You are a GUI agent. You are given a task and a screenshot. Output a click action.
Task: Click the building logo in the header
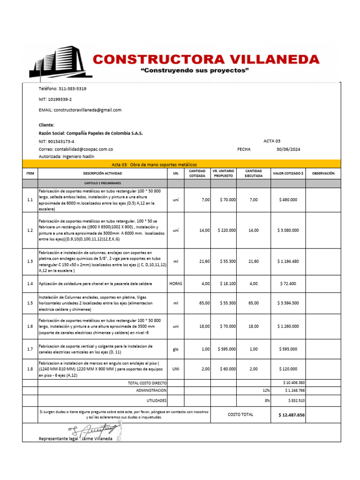pyautogui.click(x=59, y=61)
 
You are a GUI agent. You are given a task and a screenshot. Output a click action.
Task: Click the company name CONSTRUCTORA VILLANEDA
pyautogui.click(x=206, y=59)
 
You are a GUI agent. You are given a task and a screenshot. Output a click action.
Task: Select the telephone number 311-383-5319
pyautogui.click(x=72, y=89)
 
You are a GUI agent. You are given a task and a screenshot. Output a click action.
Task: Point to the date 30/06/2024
pyautogui.click(x=288, y=149)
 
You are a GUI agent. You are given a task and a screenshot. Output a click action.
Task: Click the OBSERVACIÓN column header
pyautogui.click(x=323, y=173)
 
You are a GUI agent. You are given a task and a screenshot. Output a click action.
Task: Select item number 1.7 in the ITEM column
pyautogui.click(x=30, y=349)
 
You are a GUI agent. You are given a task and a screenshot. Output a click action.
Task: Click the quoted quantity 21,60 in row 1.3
pyautogui.click(x=204, y=261)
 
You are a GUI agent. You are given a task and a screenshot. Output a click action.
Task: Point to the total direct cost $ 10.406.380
pyautogui.click(x=294, y=383)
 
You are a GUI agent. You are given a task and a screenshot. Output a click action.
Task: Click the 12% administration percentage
pyautogui.click(x=266, y=390)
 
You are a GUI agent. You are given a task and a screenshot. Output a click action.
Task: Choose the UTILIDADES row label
pyautogui.click(x=157, y=400)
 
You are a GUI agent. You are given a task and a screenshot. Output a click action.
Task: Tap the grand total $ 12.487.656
pyautogui.click(x=291, y=415)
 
